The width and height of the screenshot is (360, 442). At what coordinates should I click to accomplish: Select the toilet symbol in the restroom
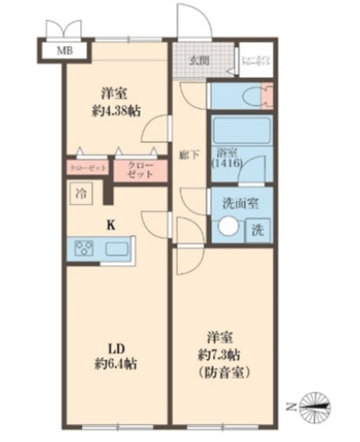point(259,96)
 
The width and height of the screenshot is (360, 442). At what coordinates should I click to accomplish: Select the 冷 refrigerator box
point(82,193)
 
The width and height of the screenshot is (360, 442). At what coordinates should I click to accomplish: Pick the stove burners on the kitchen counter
point(85,248)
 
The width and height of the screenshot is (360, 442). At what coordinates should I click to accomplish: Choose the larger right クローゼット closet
point(140,170)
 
